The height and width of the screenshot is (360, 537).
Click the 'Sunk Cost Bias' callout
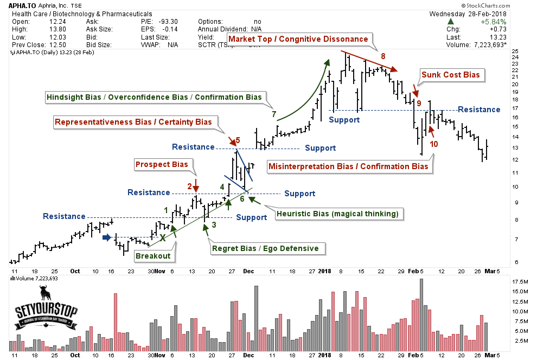coord(451,75)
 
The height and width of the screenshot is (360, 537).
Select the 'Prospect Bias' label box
coord(162,164)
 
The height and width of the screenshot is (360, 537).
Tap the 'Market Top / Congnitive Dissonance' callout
coord(298,39)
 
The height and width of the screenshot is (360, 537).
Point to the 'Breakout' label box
coord(153,256)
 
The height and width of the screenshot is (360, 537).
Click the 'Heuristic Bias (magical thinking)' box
coord(337,214)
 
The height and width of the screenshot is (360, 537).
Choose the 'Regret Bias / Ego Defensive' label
coord(268,248)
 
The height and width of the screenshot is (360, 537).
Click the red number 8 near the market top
coord(383,56)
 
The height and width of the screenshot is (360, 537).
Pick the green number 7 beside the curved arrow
coord(274,114)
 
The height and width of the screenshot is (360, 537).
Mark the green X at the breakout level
coord(162,237)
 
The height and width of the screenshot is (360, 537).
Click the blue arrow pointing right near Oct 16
coord(108,237)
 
